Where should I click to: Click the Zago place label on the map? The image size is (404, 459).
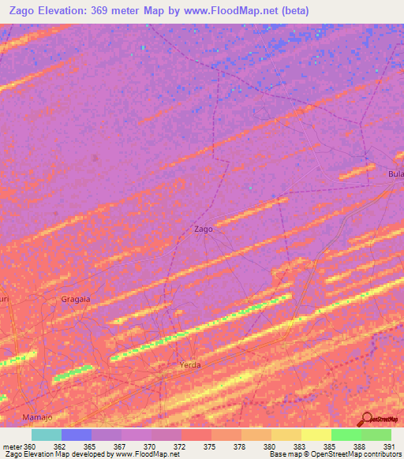tap(204, 229)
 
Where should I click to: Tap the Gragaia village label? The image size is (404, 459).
tap(76, 300)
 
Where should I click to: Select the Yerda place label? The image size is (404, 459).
tap(190, 365)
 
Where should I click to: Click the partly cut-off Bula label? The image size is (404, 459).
tap(395, 174)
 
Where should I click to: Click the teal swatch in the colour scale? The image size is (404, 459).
tap(47, 435)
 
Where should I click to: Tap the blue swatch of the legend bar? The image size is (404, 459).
tap(77, 435)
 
